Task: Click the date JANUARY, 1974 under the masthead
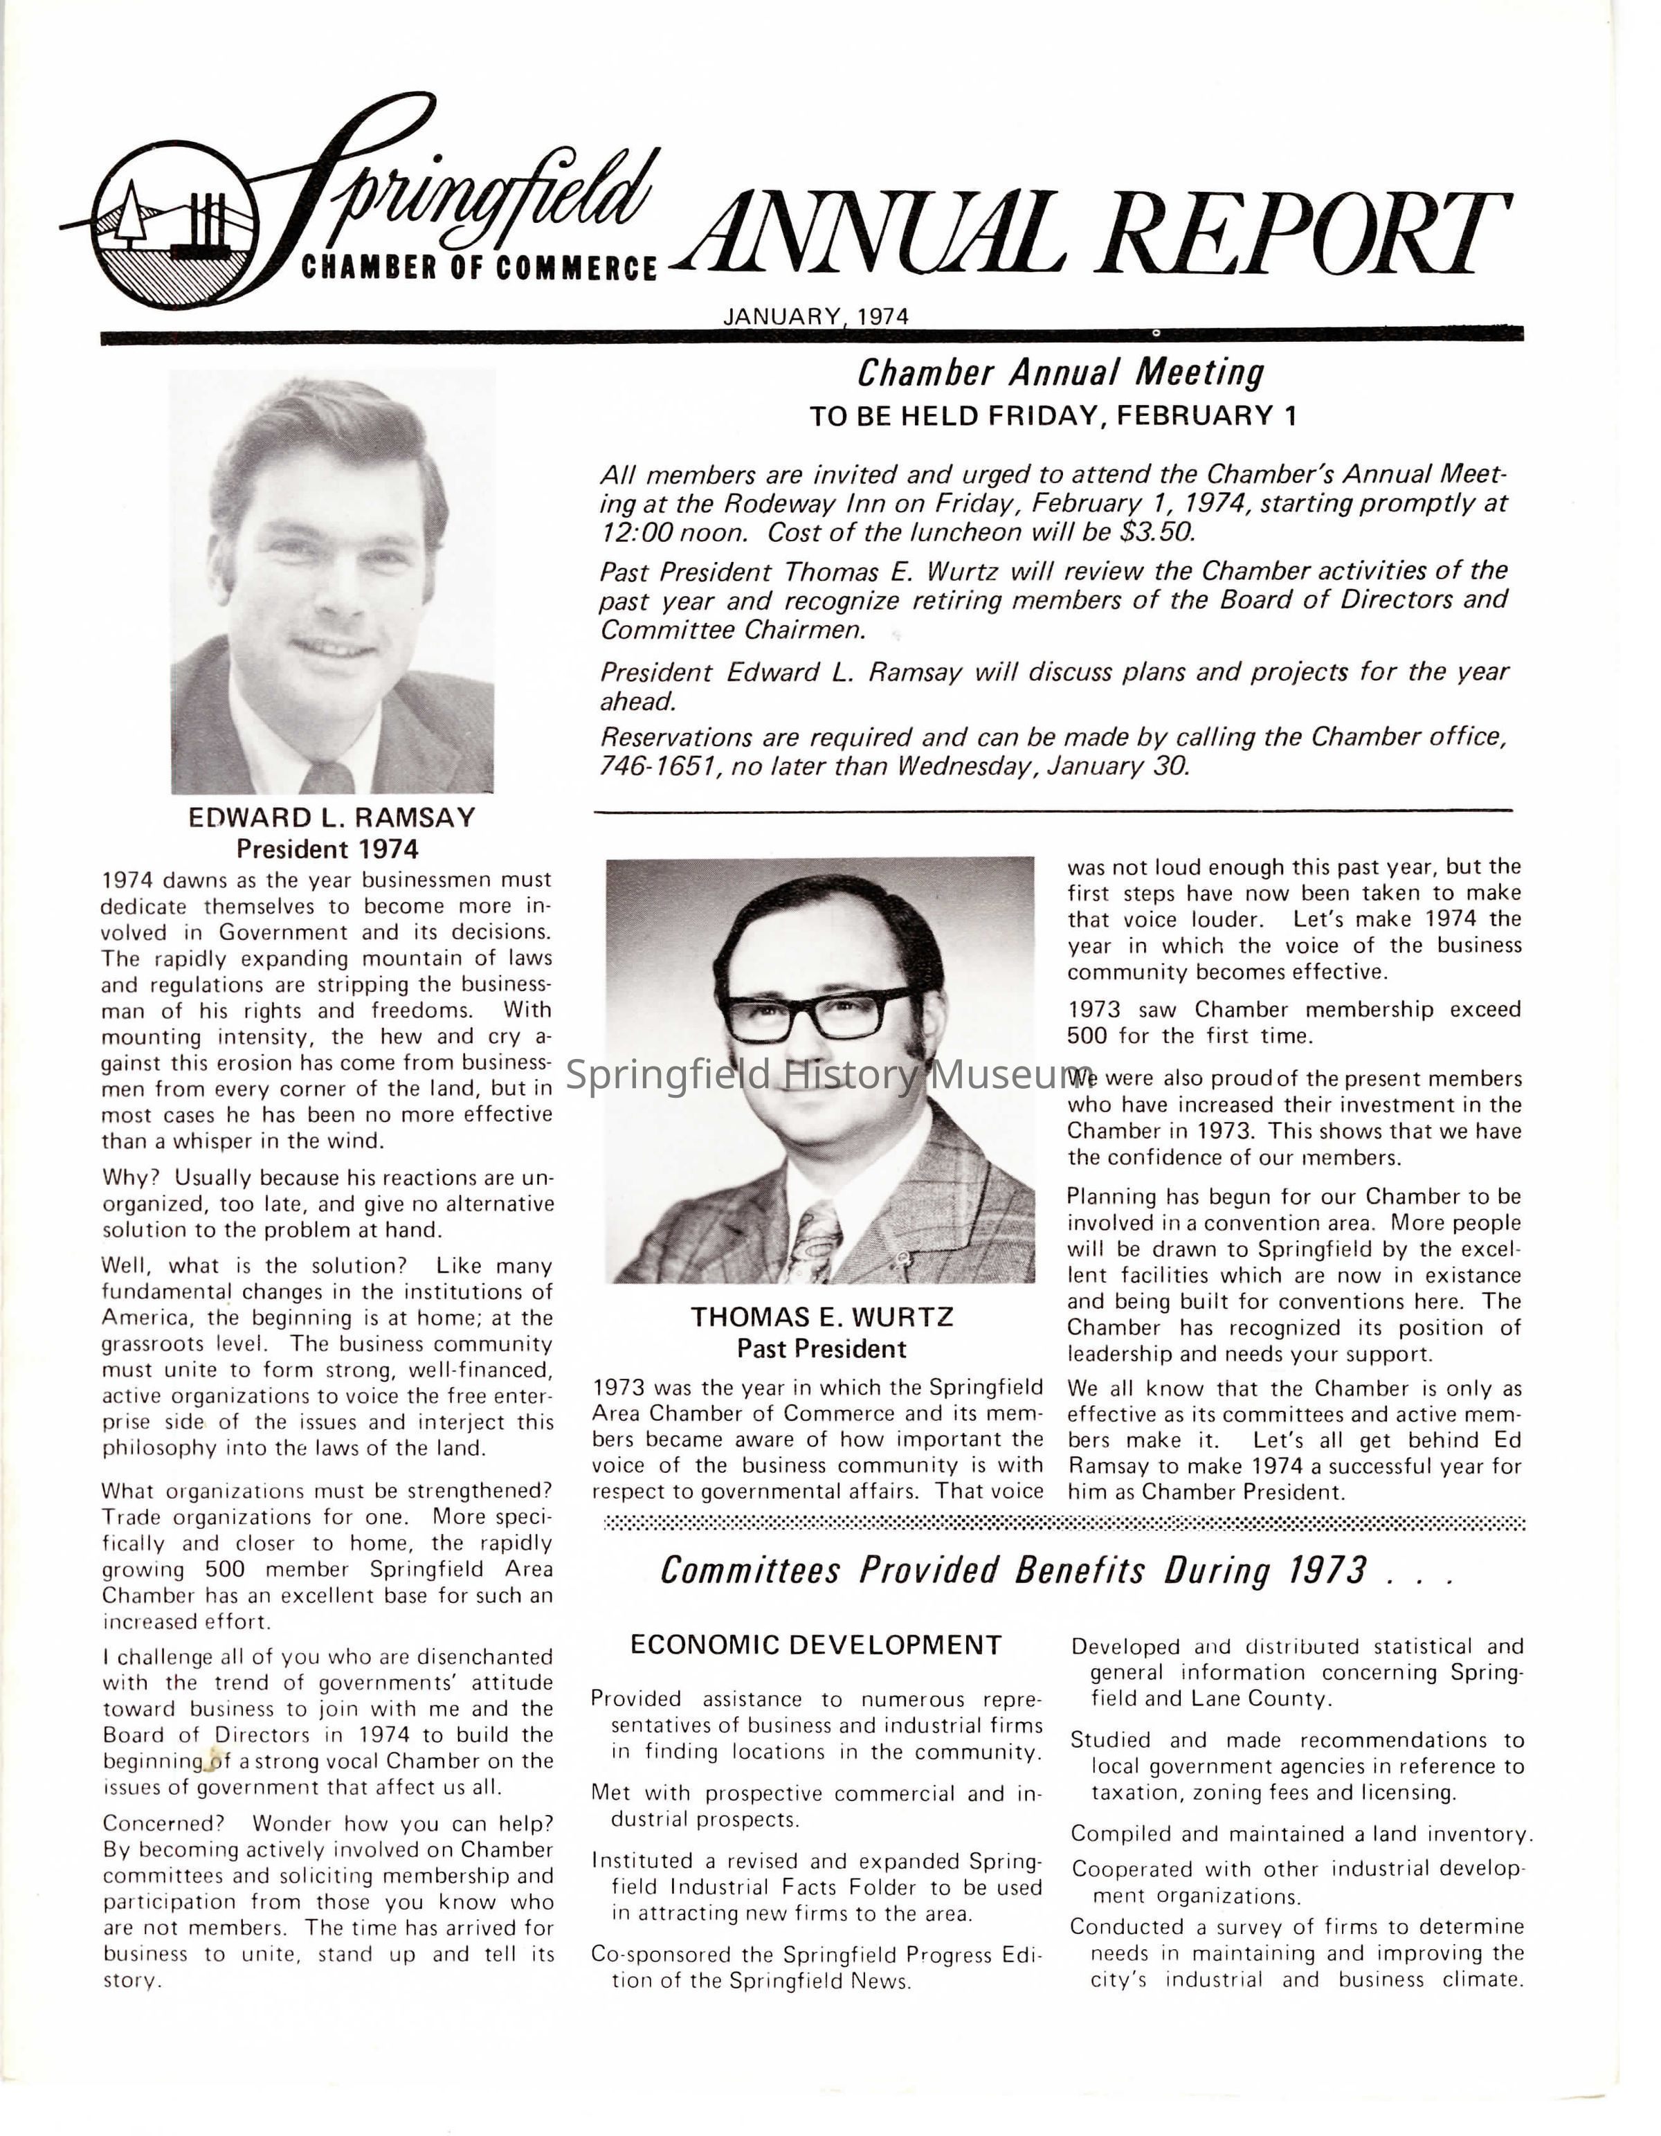click(815, 317)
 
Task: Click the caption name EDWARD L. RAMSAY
click(332, 817)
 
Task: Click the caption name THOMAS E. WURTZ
click(822, 1317)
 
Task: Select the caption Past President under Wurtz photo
click(822, 1350)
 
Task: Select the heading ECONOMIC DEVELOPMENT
click(815, 1645)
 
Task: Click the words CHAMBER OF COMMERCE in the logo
click(478, 268)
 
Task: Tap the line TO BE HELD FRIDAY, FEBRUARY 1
click(1053, 417)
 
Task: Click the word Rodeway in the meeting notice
click(773, 505)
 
